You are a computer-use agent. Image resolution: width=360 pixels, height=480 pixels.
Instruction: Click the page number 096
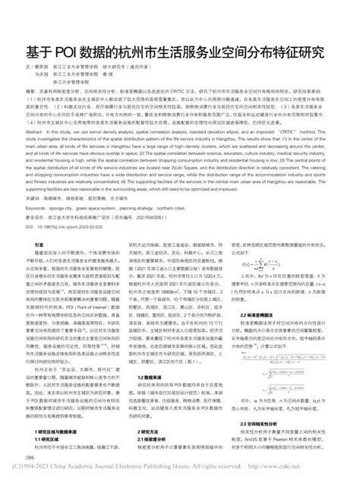pos(30,458)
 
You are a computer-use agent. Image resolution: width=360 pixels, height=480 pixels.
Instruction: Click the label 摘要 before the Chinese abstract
pos(31,89)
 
